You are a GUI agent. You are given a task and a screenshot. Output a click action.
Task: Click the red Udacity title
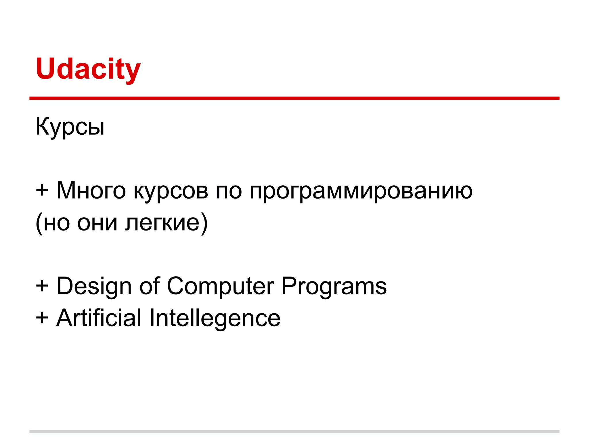(x=88, y=69)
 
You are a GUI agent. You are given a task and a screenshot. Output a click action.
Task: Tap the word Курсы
(x=70, y=127)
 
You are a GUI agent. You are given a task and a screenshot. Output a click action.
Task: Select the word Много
(x=91, y=190)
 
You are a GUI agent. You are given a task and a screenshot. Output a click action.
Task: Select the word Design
(x=94, y=287)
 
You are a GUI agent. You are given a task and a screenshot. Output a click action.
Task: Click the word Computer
(x=220, y=287)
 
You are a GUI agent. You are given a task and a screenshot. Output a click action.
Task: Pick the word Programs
(x=334, y=287)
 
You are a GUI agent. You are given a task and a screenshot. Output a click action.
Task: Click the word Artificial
(x=99, y=318)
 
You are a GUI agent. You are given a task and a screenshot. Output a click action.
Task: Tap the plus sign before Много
(x=42, y=190)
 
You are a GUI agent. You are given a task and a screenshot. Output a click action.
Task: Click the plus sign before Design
(x=42, y=286)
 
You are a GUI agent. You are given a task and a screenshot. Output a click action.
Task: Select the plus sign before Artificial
(x=42, y=318)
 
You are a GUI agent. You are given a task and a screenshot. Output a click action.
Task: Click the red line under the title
(x=294, y=98)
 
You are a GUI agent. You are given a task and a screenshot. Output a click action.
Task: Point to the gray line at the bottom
(x=294, y=432)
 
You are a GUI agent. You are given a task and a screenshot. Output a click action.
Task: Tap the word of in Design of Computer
(x=149, y=286)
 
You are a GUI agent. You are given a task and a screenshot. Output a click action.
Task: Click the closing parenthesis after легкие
(x=204, y=223)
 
